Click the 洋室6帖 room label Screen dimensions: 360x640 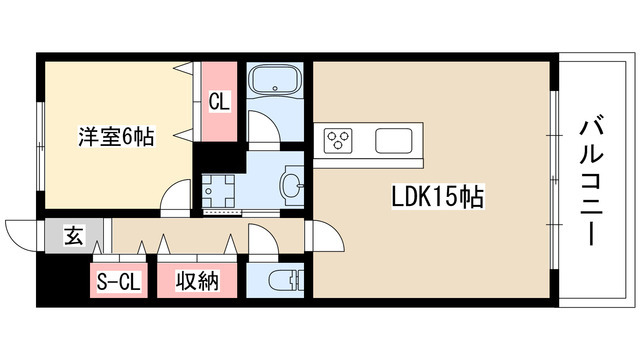(x=117, y=138)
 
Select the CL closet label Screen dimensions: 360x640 (x=218, y=101)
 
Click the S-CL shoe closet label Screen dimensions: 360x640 (x=119, y=282)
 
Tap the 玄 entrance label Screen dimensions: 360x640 (x=72, y=237)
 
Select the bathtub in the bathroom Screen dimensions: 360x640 (x=275, y=83)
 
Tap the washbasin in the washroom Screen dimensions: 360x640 (x=292, y=184)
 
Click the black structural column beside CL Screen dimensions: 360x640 (x=211, y=156)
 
